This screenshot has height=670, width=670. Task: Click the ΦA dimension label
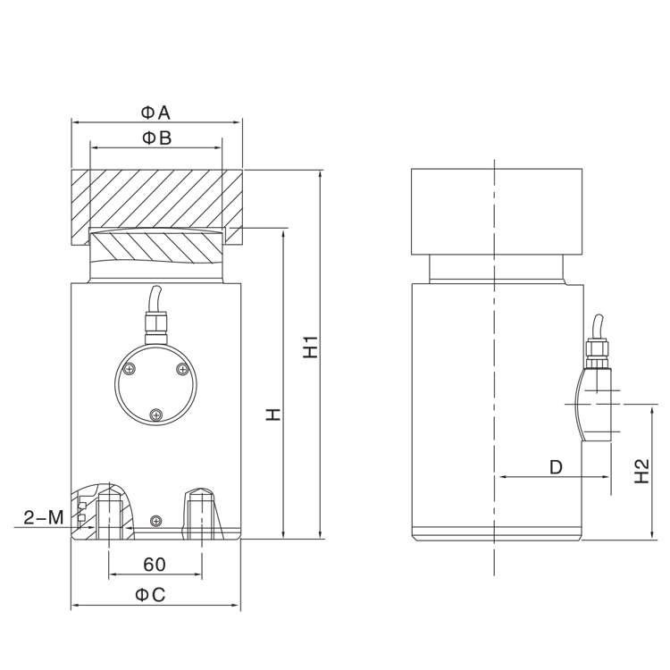pyautogui.click(x=155, y=112)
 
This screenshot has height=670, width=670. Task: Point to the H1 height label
pyautogui.click(x=310, y=348)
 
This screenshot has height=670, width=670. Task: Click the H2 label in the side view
pyautogui.click(x=640, y=471)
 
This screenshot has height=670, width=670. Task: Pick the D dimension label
pyautogui.click(x=555, y=467)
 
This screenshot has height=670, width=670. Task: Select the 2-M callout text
pyautogui.click(x=43, y=517)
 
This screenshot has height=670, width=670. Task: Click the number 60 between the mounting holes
pyautogui.click(x=155, y=565)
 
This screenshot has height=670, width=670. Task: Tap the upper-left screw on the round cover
pyautogui.click(x=131, y=370)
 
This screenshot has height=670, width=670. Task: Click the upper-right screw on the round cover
pyautogui.click(x=182, y=370)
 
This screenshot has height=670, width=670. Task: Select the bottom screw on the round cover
pyautogui.click(x=157, y=414)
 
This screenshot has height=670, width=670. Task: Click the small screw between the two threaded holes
pyautogui.click(x=156, y=521)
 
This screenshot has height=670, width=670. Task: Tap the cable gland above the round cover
pyautogui.click(x=156, y=322)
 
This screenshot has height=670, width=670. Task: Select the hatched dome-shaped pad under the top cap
pyautogui.click(x=155, y=247)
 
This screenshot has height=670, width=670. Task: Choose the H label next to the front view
pyautogui.click(x=273, y=414)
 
